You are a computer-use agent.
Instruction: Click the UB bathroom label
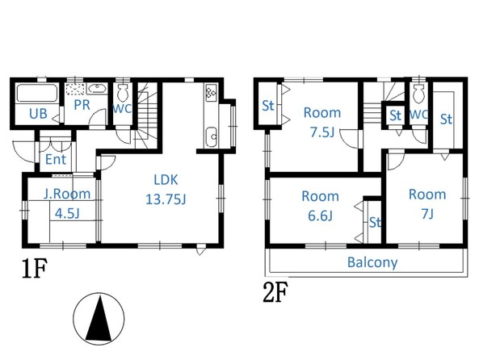(38, 114)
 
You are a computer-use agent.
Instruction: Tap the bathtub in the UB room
(37, 93)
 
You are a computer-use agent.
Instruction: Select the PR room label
(82, 105)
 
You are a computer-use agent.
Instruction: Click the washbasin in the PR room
(97, 89)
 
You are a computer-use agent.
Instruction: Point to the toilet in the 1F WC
(123, 92)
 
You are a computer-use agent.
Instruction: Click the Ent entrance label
(56, 159)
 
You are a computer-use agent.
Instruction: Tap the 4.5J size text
(67, 213)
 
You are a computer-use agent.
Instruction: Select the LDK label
(166, 180)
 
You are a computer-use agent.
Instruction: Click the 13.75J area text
(166, 199)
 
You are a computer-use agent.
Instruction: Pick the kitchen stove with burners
(211, 93)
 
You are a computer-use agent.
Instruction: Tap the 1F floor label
(35, 268)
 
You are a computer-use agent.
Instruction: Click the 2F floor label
(275, 292)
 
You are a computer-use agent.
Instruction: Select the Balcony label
(372, 262)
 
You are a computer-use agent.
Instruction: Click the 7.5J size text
(322, 132)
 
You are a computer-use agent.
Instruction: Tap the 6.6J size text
(320, 216)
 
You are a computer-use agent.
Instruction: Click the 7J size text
(427, 214)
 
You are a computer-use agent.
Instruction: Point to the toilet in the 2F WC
(418, 93)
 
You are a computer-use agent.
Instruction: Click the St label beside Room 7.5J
(268, 106)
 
